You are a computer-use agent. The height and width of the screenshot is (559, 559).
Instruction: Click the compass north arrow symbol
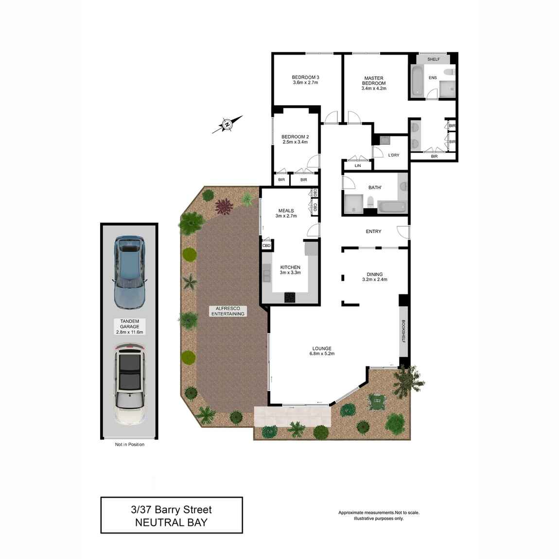point(227,124)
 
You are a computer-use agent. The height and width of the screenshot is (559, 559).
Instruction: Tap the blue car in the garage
point(129,272)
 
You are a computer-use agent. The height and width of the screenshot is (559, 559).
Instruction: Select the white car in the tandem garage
point(130,384)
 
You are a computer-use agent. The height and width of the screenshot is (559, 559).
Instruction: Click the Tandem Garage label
point(130,327)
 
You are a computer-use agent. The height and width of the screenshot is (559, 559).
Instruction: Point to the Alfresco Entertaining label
point(228,311)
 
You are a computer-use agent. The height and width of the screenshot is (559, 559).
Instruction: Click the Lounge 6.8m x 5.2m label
point(322,351)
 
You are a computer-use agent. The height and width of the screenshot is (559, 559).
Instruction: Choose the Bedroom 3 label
point(306,80)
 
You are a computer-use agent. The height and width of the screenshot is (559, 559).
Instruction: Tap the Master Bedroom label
point(374,83)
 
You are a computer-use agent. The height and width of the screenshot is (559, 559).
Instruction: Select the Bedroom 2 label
point(295,140)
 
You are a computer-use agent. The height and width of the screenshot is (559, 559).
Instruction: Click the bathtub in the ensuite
point(417,81)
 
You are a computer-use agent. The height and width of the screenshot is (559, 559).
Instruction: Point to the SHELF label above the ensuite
point(434,59)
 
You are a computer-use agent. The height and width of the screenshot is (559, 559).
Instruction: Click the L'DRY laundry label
point(394,155)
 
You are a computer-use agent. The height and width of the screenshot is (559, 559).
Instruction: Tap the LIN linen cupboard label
point(358,166)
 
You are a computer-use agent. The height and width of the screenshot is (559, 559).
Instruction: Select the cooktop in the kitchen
point(290,297)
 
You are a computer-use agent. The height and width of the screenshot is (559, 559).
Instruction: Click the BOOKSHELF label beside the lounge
point(403,332)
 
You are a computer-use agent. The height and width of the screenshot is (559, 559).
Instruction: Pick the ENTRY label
point(374,231)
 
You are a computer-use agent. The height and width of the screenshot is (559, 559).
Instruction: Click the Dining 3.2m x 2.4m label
point(375,277)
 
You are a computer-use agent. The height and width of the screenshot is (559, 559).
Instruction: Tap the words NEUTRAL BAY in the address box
point(172,523)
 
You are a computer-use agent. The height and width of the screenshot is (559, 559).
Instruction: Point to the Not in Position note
point(130,445)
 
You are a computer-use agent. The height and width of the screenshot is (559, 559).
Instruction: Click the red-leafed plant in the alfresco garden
point(224,207)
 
